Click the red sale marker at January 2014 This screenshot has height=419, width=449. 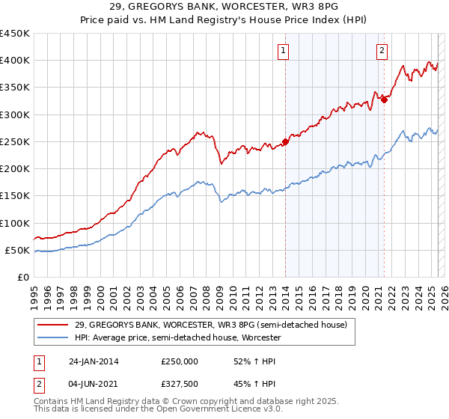point(285,141)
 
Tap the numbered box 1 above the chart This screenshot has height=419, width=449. point(285,51)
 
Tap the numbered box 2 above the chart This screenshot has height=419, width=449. point(382,51)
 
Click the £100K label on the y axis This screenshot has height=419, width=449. point(14,223)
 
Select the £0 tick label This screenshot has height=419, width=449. point(22,277)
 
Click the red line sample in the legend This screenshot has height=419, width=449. point(55,325)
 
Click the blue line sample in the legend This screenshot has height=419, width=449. point(55,338)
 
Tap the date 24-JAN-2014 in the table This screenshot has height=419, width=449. point(94,361)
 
